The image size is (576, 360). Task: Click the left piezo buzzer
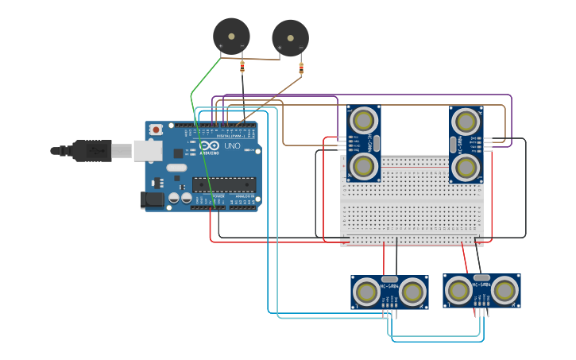pos(231,36)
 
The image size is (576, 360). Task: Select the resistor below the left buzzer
pos(242,68)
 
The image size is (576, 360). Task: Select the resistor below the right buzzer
pos(301,68)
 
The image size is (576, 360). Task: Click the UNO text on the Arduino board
pos(233,146)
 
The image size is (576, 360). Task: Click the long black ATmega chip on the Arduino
pos(223,184)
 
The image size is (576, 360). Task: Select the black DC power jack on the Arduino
pos(152,200)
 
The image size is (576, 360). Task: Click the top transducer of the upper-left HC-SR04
pos(364,121)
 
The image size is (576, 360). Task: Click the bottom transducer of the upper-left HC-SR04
pos(364,166)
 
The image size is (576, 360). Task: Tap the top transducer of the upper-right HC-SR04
pos(466,122)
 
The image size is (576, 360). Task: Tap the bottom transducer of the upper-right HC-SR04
pos(466,168)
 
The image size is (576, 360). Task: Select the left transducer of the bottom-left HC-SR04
pos(367,292)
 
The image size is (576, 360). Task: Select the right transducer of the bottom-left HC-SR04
pos(412,292)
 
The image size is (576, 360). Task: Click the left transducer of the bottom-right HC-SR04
pos(458,291)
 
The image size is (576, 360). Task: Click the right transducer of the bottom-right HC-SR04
pos(504,291)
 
